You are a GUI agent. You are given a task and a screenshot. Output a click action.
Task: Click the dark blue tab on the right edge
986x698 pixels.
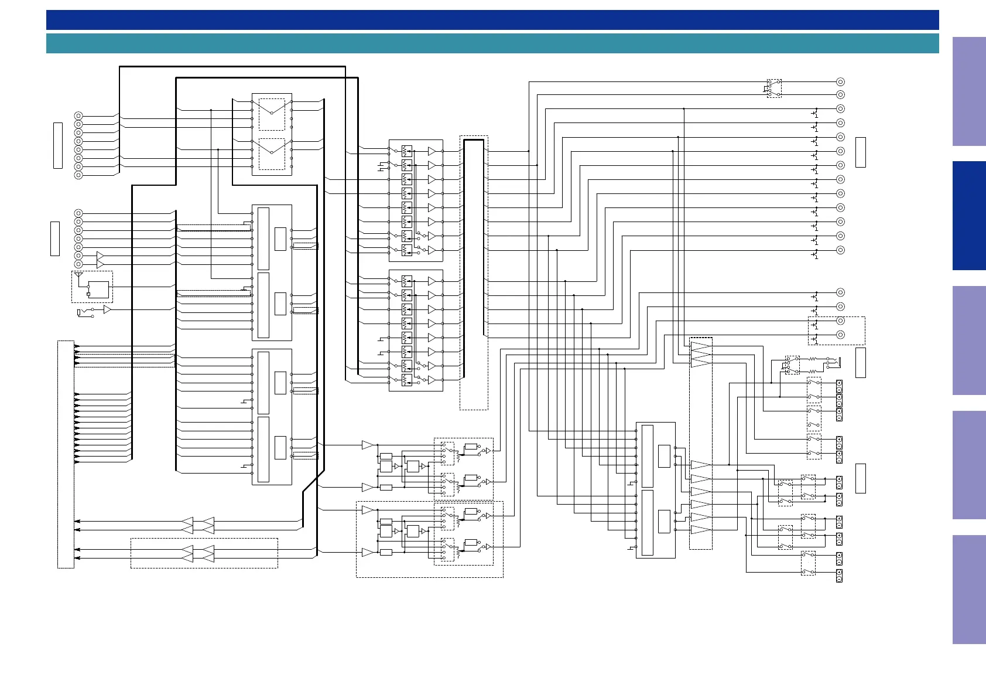[x=969, y=216]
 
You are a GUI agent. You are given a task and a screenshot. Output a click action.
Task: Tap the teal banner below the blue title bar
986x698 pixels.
[x=492, y=43]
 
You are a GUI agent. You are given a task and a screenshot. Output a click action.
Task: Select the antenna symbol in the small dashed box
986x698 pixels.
[x=78, y=275]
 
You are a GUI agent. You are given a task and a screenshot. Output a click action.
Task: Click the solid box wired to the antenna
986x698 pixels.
[x=99, y=290]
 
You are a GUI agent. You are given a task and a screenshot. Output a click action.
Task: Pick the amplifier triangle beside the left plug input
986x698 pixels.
[x=107, y=309]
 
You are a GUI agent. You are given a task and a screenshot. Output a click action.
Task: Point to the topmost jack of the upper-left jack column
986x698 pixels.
[x=78, y=116]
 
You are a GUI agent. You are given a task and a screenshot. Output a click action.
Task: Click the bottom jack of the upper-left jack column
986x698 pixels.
[x=78, y=175]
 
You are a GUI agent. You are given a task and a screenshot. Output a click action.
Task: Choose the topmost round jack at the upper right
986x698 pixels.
[x=840, y=82]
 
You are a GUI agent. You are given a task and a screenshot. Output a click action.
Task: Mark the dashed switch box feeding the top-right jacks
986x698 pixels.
[x=774, y=88]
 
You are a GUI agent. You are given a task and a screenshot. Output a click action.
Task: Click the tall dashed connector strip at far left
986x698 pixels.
[x=66, y=454]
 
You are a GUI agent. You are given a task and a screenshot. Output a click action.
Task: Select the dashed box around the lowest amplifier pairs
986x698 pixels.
[x=204, y=553]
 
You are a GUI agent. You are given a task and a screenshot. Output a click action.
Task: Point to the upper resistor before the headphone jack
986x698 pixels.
[x=813, y=359]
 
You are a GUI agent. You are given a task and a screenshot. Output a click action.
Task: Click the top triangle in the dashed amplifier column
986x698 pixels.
[x=701, y=346]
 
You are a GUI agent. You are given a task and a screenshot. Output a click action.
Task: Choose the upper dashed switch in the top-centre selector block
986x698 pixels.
[x=272, y=114]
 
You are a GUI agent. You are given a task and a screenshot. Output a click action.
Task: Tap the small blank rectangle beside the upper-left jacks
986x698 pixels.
[x=58, y=145]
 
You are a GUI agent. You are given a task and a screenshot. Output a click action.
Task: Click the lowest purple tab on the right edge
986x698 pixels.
[x=969, y=590]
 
